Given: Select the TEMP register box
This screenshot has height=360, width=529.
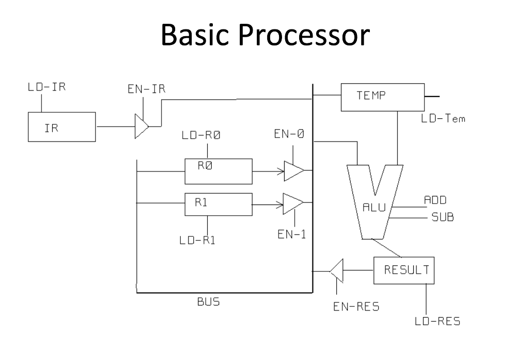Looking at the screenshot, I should click(382, 97).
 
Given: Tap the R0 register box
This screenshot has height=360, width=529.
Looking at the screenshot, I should click(219, 171).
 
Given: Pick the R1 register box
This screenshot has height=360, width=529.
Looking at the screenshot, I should click(219, 205).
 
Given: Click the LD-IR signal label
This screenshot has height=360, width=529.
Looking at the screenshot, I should click(46, 87).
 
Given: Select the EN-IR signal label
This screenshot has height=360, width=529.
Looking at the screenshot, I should click(146, 89).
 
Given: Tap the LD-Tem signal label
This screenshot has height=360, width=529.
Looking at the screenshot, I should click(443, 119).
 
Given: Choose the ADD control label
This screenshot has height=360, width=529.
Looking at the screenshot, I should click(435, 200).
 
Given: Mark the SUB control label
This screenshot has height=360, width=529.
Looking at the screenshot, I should click(442, 217).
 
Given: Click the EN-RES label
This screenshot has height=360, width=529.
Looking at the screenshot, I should click(356, 307).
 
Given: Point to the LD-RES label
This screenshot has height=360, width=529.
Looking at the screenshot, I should click(437, 322).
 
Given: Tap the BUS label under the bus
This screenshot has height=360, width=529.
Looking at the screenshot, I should click(208, 302).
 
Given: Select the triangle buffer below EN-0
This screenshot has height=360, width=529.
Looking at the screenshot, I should click(293, 171).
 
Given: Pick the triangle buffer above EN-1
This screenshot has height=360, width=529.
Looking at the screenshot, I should click(292, 204).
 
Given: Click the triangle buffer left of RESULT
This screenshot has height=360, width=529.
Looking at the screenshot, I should click(336, 270).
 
